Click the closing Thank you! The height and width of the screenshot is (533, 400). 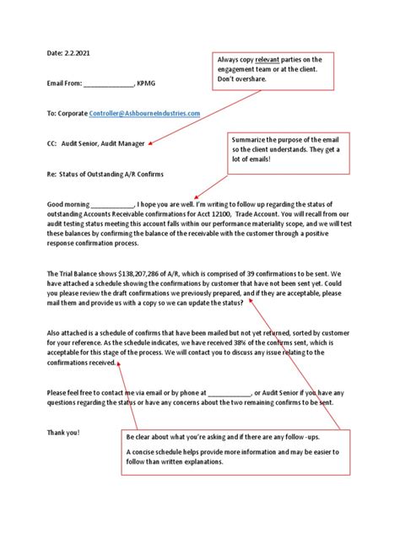[x=63, y=432]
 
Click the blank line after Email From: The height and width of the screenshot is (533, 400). [x=109, y=83]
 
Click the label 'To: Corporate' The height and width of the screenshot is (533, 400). [x=69, y=113]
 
